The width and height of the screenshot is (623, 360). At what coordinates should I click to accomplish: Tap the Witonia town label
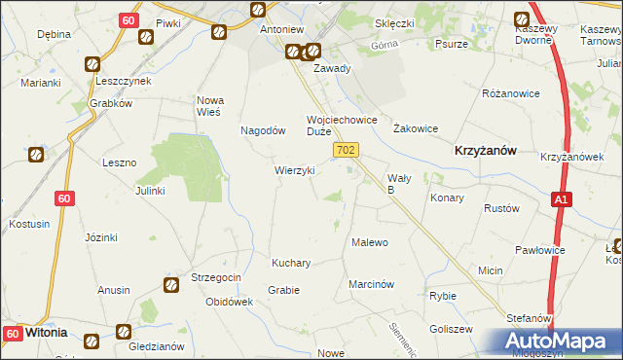point(46,332)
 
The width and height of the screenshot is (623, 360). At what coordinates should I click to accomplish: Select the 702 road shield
point(347,150)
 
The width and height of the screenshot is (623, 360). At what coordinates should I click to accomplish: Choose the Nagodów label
point(263,130)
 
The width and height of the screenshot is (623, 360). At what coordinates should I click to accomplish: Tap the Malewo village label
point(370,242)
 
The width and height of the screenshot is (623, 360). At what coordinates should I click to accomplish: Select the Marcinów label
point(371,285)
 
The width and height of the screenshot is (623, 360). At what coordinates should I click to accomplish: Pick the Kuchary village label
point(291,264)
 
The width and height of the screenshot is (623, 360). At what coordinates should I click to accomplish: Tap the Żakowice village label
point(416,128)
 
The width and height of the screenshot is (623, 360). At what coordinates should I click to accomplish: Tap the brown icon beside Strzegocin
point(171,285)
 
